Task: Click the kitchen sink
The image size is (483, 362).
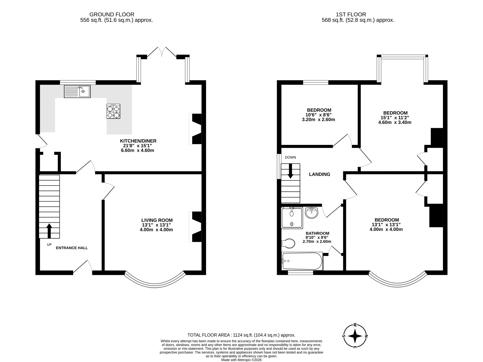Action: [77, 91]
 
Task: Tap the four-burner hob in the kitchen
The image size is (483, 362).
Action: [113, 111]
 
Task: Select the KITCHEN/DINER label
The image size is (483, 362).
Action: [138, 141]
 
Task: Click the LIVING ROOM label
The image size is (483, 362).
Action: [157, 220]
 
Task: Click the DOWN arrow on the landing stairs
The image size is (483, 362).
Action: [290, 171]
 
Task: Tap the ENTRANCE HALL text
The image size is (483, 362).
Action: [72, 248]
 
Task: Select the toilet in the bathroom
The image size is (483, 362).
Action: [288, 243]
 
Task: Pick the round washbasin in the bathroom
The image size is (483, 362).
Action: [312, 213]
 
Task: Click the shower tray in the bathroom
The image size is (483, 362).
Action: [292, 218]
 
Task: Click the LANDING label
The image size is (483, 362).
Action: [319, 174]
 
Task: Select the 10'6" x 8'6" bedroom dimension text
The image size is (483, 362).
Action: [318, 115]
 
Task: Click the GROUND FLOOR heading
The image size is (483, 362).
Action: [112, 15]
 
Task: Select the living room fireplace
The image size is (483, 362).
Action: [196, 227]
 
